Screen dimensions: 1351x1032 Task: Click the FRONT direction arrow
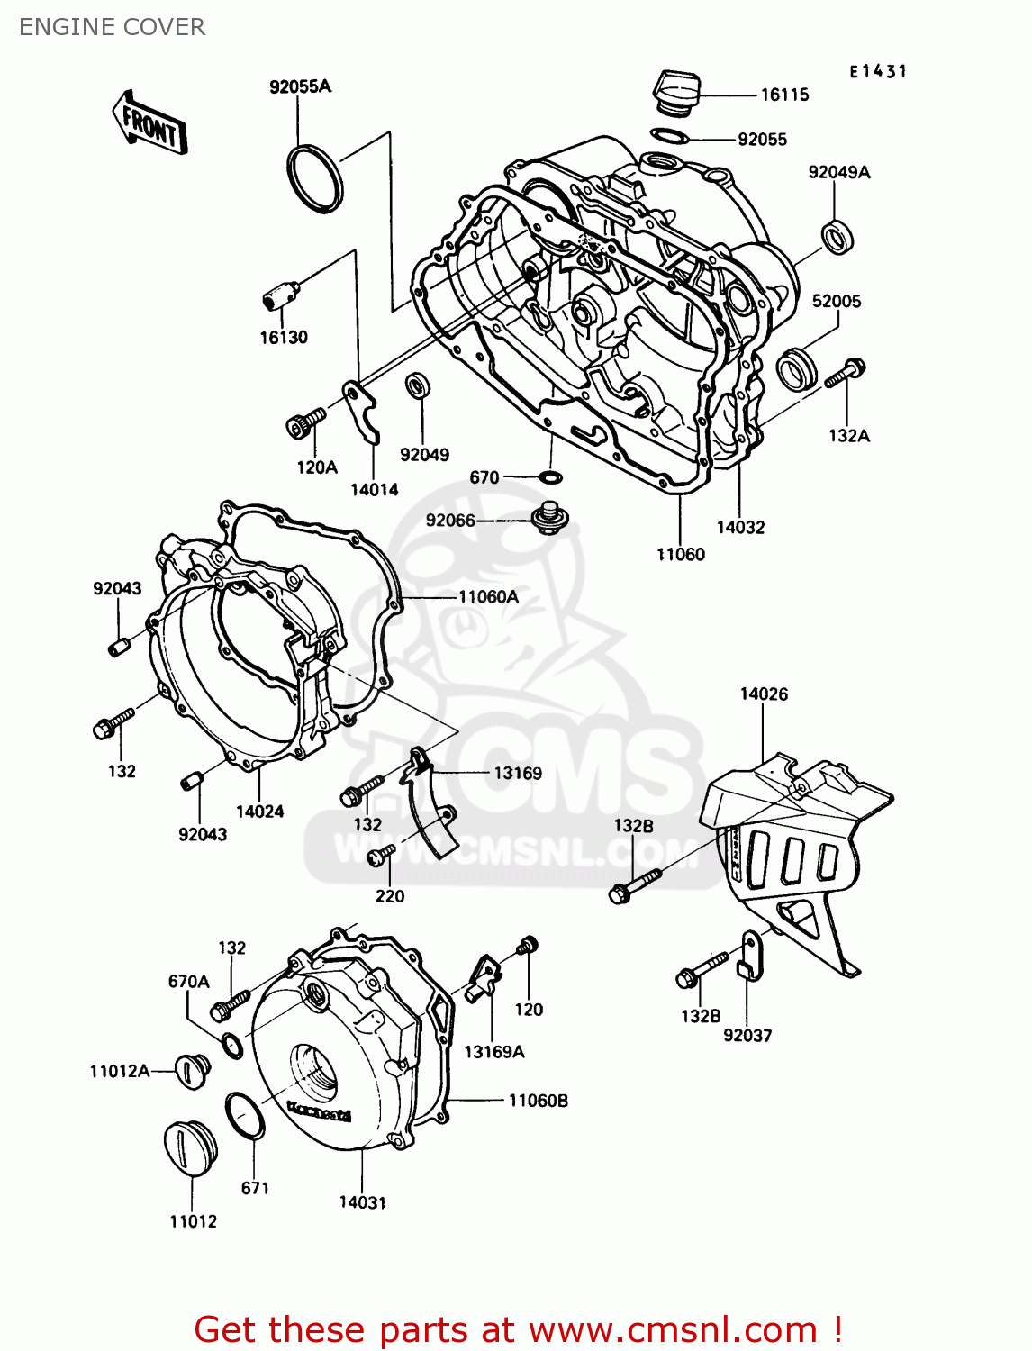[149, 123]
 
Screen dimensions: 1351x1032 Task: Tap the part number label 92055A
[300, 86]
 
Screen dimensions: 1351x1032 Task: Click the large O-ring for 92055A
[315, 178]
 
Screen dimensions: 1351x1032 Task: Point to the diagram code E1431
[877, 71]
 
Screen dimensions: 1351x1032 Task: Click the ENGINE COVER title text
[112, 27]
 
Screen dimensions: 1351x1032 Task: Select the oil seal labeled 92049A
[837, 237]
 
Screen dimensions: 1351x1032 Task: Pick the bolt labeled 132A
[845, 372]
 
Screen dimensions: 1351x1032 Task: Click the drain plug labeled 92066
[547, 519]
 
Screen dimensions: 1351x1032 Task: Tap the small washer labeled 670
[550, 476]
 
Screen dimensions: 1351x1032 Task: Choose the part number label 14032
[740, 528]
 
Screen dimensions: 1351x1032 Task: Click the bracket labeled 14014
[364, 411]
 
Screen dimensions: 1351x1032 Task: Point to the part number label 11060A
[488, 596]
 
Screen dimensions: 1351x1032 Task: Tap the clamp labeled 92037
[748, 956]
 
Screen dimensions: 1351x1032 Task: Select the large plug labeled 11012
[189, 1147]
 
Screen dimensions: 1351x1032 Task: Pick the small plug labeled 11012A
[192, 1069]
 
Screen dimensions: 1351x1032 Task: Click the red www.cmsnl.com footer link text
[672, 1329]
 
